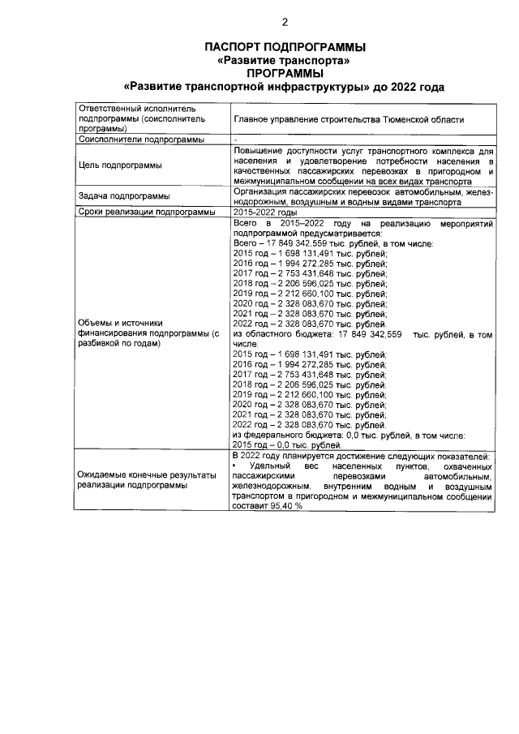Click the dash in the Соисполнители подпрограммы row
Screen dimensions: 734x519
pyautogui.click(x=235, y=140)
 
